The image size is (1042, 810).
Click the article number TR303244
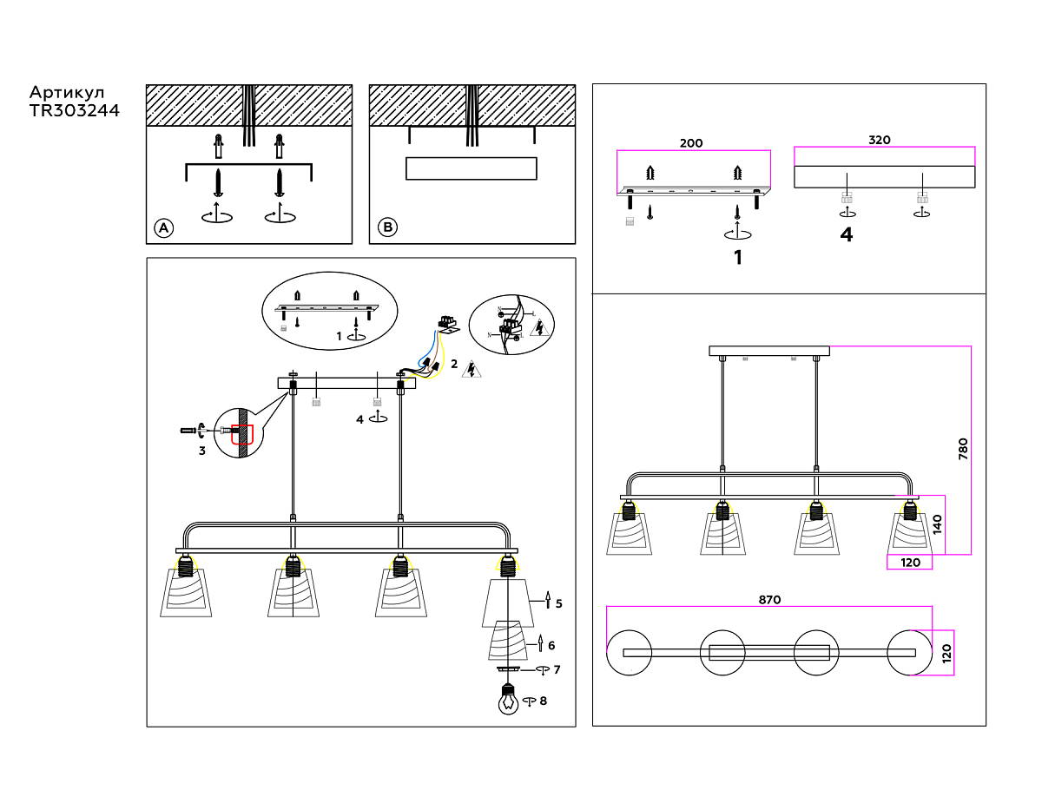74,110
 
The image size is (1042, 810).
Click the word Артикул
67,92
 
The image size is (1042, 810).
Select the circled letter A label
163,228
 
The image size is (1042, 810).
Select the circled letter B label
387,228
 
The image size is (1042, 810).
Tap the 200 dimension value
691,143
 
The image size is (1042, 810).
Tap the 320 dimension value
880,140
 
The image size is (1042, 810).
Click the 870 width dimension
769,600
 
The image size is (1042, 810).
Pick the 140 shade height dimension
938,524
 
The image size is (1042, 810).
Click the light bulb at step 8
508,699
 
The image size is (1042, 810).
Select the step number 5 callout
558,603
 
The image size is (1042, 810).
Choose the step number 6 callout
551,646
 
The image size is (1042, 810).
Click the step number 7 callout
557,669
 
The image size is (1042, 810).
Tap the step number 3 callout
201,451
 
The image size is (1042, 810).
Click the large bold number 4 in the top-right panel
847,234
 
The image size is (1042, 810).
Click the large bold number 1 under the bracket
738,258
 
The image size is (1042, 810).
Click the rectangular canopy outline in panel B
472,168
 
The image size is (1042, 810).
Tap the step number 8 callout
544,701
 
